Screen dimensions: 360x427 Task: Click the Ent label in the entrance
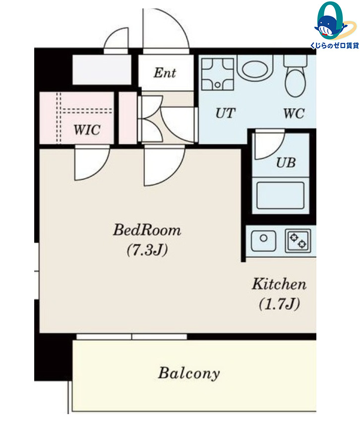coord(165,73)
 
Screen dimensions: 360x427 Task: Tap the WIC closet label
coord(87,130)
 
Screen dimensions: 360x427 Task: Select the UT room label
coord(225,113)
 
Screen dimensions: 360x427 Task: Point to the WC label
coord(294,113)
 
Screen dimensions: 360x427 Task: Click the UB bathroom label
coord(286,163)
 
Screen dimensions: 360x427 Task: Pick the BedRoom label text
coord(147,230)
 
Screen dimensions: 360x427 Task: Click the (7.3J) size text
coord(147,250)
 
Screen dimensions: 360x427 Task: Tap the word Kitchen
coord(279,284)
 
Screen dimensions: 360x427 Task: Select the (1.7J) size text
coord(279,304)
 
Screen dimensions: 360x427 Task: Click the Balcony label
coord(189,373)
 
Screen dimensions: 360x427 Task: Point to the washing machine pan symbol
coord(218,74)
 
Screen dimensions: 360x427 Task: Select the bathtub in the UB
coord(280,195)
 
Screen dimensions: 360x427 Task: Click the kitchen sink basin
coord(263,241)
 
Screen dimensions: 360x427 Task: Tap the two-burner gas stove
coord(298,241)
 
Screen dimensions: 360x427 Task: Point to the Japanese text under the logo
coord(335,46)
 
